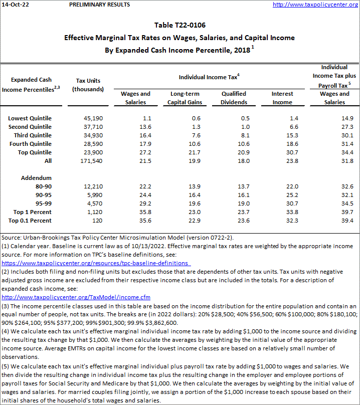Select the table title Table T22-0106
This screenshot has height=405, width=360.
click(179, 25)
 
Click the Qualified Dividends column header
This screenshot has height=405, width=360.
click(234, 98)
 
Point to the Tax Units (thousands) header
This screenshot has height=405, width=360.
click(88, 85)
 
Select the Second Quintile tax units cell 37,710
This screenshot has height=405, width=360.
click(93, 127)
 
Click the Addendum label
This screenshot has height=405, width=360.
click(37, 178)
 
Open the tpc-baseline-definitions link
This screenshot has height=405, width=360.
click(95, 263)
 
